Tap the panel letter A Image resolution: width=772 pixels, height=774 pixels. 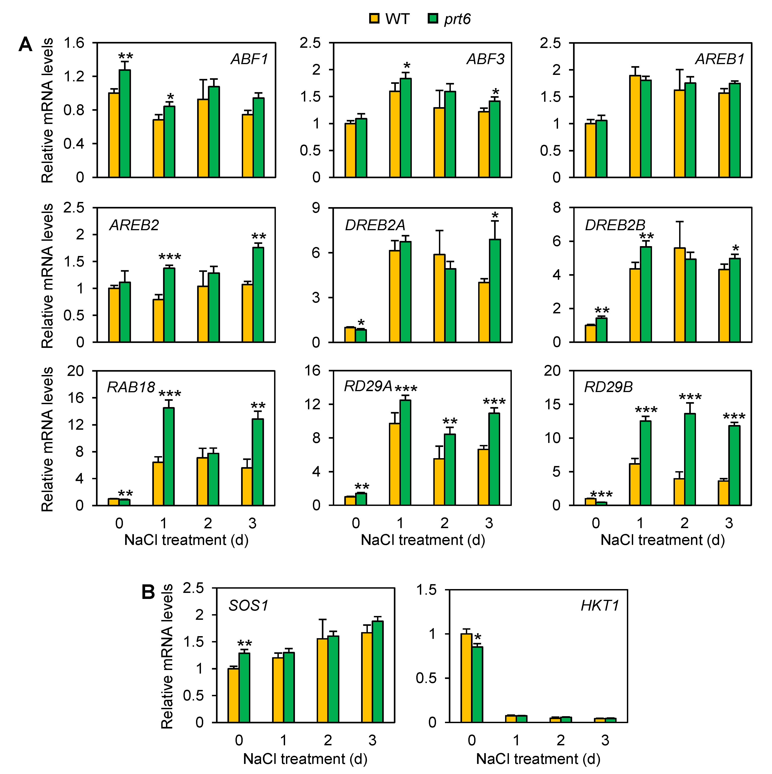(x=25, y=44)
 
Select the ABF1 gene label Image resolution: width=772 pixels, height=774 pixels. (x=249, y=59)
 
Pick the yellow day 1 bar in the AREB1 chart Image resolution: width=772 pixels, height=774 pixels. (x=635, y=126)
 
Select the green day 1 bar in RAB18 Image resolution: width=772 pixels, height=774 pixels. (x=168, y=456)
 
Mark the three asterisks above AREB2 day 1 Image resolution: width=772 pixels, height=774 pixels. (x=170, y=257)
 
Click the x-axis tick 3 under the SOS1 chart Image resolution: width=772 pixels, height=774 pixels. (x=372, y=740)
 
